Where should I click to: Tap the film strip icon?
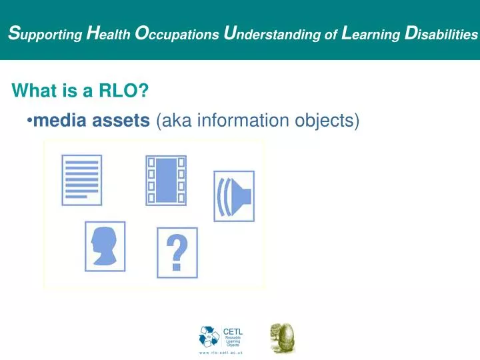(x=166, y=180)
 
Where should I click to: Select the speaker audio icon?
(x=233, y=195)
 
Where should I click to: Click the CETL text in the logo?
(x=232, y=331)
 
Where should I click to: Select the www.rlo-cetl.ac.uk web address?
(x=221, y=352)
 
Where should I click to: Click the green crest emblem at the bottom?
(x=281, y=338)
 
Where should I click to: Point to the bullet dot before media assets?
(x=30, y=121)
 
